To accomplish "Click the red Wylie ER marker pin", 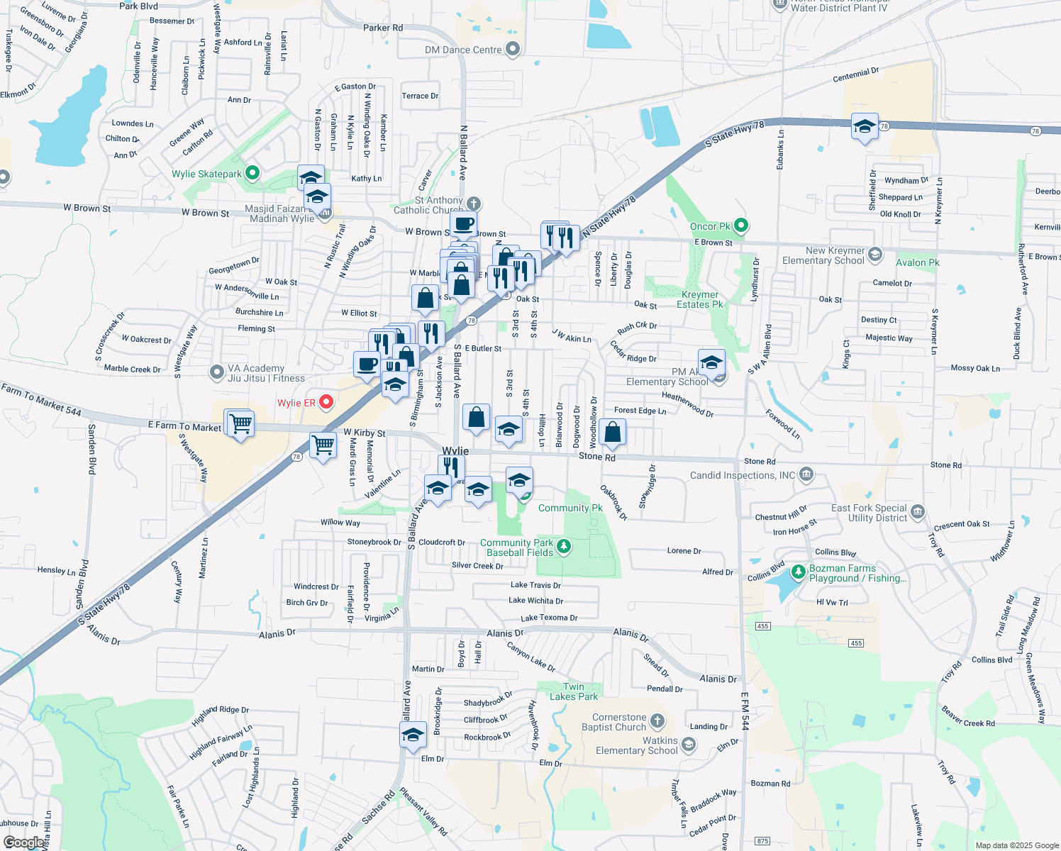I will point(326,402).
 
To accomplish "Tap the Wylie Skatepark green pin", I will point(252,173).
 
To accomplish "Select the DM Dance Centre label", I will point(463,50).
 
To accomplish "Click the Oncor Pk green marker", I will point(741,226).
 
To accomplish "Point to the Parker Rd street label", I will point(382,28).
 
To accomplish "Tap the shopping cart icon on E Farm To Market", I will point(240,423).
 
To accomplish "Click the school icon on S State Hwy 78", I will point(864,127).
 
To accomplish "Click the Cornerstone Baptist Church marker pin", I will point(657,721).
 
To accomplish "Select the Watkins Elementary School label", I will point(636,745).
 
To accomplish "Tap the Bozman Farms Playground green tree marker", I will point(799,571).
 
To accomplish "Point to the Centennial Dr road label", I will point(855,74).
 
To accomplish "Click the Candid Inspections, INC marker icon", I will point(806,474).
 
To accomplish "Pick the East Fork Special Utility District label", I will point(869,513).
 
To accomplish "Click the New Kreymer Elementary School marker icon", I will point(875,254).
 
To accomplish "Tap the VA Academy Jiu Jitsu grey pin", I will point(217,372).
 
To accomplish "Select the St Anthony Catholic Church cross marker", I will point(474,204).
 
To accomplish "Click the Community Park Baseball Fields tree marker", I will point(564,546).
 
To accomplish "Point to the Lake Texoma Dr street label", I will point(549,618).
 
